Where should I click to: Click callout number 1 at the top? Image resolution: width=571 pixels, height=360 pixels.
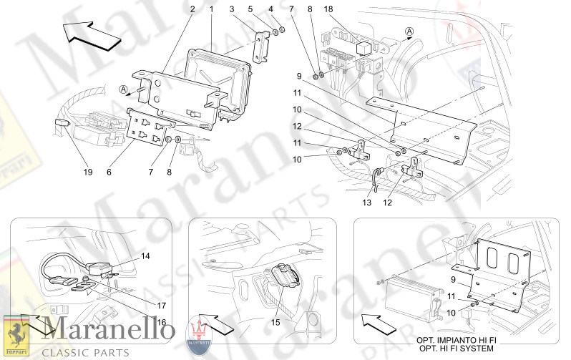pos(212,9)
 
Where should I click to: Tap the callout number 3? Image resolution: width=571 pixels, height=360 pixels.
pos(233,9)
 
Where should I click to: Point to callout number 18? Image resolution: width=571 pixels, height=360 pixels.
pos(271,9)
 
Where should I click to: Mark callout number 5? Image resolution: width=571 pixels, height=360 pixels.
pos(252,9)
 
